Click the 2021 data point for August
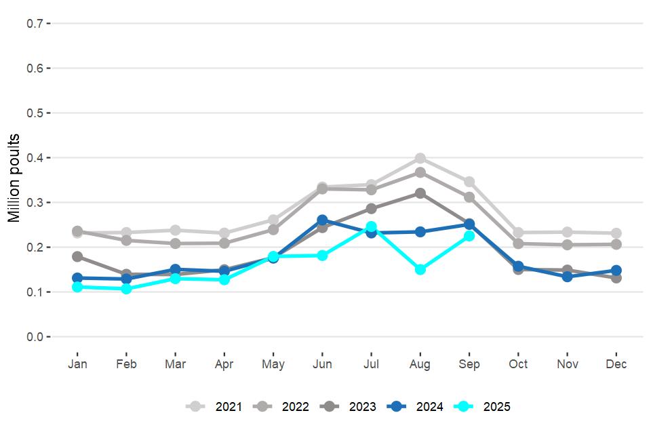(x=420, y=159)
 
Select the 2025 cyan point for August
(x=420, y=269)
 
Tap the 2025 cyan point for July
(x=372, y=226)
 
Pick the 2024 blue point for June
(x=322, y=220)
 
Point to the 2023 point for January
(x=77, y=256)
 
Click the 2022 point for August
(x=420, y=172)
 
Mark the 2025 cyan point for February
(x=126, y=289)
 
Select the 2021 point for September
(x=469, y=182)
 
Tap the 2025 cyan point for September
(x=469, y=236)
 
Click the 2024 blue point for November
(x=568, y=277)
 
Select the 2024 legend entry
(x=418, y=407)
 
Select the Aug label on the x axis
(x=420, y=364)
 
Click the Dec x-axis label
(x=616, y=364)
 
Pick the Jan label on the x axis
(x=77, y=364)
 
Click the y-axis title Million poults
(x=15, y=179)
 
